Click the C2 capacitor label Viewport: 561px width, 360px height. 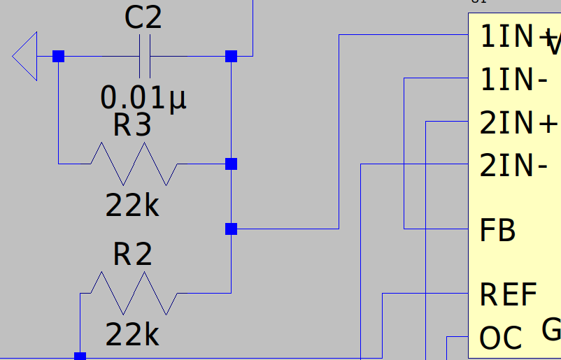(143, 18)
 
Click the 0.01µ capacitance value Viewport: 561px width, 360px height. (144, 98)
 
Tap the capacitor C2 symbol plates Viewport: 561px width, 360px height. (144, 56)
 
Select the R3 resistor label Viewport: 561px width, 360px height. (132, 126)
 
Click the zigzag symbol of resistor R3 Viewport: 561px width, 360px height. (134, 164)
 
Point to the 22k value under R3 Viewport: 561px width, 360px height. (132, 206)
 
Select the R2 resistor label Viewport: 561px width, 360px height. (132, 255)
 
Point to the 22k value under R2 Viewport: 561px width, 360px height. (132, 336)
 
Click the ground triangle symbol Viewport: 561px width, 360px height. (24, 56)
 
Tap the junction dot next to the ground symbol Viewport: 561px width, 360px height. (58, 56)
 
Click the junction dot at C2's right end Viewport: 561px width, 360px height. (231, 56)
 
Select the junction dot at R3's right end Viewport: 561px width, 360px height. (231, 164)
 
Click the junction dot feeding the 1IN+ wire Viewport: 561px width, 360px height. (231, 229)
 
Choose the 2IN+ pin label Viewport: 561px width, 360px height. (518, 123)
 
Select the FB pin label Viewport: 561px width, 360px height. (497, 230)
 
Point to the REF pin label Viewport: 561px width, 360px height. (509, 295)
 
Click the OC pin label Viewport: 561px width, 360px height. (501, 339)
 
